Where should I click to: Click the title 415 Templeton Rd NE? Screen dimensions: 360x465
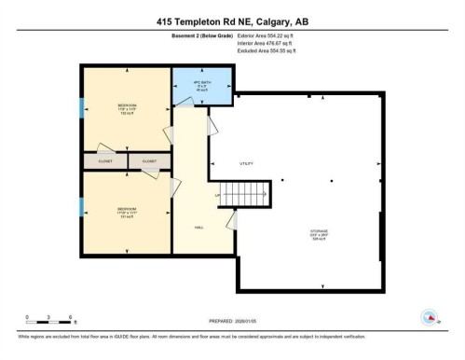coord(232,21)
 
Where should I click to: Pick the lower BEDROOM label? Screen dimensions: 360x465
coord(127,210)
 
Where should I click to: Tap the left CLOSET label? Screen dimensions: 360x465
coord(104,161)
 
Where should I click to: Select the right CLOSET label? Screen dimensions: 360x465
coord(149,161)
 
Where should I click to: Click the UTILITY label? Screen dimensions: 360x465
coord(246,164)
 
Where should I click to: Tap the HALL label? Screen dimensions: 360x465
coord(198,227)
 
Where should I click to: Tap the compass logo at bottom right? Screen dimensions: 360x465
coord(430,316)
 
